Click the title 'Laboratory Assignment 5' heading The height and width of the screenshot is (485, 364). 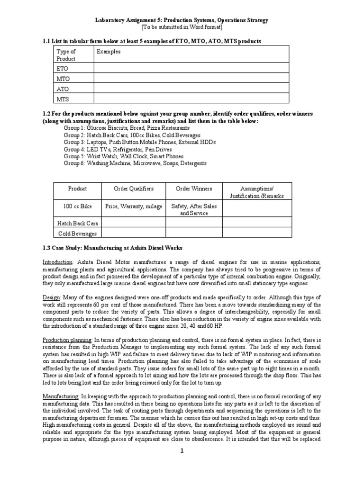(x=182, y=20)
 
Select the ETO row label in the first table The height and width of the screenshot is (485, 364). (x=63, y=68)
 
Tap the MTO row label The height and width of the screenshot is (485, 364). (x=63, y=78)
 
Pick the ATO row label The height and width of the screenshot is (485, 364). (x=63, y=88)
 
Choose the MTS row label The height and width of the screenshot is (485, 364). (x=63, y=98)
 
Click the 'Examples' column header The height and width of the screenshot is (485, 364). (x=109, y=51)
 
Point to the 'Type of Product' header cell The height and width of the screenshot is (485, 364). (x=66, y=55)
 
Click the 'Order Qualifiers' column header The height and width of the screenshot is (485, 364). (x=134, y=189)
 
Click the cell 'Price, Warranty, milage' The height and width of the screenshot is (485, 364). (x=134, y=207)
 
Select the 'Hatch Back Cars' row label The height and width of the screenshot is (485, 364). (x=77, y=223)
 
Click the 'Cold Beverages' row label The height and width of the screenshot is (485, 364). (x=77, y=233)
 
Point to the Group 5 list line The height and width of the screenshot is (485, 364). (x=123, y=156)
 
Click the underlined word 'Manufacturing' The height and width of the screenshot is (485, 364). (x=61, y=395)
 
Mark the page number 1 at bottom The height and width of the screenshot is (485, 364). (x=182, y=464)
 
